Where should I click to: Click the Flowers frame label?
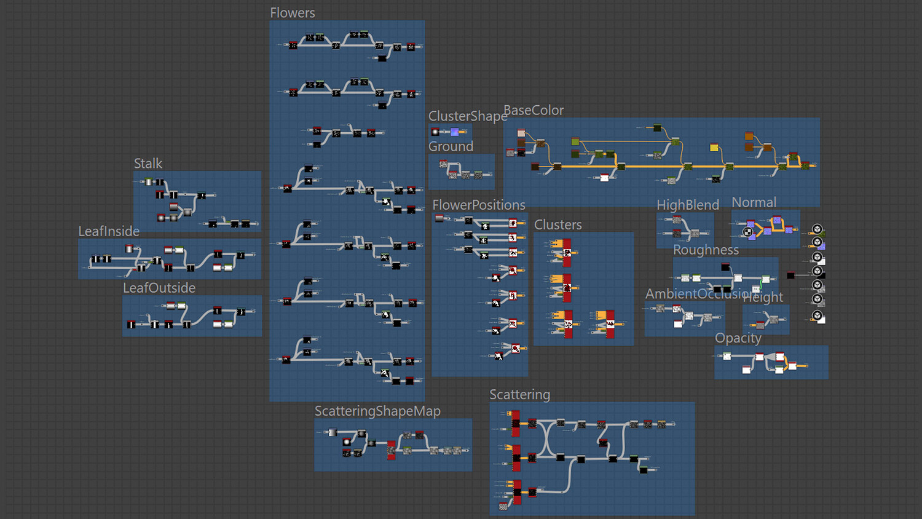pos(292,13)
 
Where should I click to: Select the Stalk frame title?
pos(148,164)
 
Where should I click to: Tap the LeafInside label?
pos(109,231)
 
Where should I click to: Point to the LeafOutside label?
pos(159,288)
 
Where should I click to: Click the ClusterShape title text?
pos(467,116)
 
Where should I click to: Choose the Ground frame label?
pos(451,146)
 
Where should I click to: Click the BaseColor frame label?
pos(534,110)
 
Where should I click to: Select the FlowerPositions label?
pos(479,205)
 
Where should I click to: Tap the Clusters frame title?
pos(558,224)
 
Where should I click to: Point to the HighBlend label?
pos(687,205)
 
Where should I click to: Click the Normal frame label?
pos(754,202)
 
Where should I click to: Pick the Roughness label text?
pos(706,250)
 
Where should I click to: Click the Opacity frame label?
pos(738,338)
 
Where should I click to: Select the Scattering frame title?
pos(519,394)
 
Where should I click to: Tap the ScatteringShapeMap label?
pos(377,411)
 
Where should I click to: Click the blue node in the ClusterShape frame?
pos(454,132)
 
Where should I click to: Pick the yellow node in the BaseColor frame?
pos(714,147)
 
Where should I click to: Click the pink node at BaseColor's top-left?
pos(521,133)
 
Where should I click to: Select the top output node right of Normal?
pos(818,229)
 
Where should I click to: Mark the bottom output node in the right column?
pos(818,316)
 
